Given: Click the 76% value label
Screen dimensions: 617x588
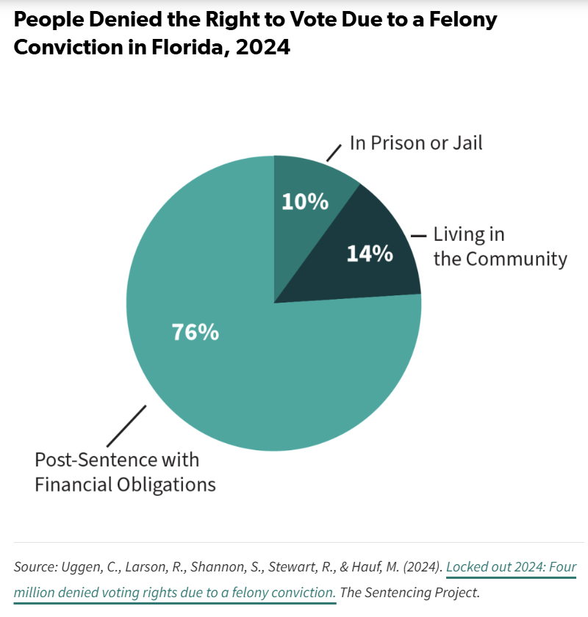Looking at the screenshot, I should pos(196,332).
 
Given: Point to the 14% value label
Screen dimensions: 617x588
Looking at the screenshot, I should pos(369,253).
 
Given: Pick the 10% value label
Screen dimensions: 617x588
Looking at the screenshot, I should pos(305,201).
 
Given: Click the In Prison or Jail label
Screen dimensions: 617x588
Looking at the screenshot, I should pos(416,142).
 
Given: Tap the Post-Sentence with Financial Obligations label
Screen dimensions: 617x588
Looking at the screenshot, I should pos(126,472).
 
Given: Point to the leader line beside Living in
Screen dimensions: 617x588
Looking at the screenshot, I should pos(419,236).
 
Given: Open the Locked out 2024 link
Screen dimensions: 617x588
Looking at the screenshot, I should pos(511,567).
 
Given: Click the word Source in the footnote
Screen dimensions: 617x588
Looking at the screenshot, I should pos(34,567).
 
